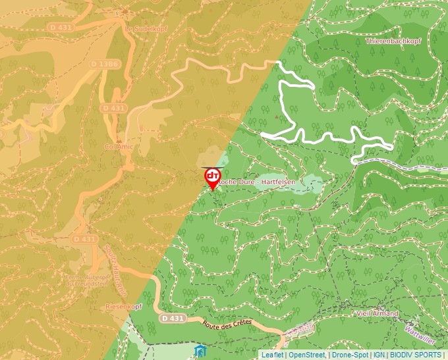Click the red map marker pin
point(212,178)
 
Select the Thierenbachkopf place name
point(393,41)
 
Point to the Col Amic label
point(119,147)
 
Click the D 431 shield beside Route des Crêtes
point(172,318)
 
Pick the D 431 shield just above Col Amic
point(114,107)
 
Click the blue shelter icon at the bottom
point(200,351)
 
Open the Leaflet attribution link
point(273,355)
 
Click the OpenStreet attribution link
point(308,355)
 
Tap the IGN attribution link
point(379,355)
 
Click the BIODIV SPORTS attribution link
point(416,355)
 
